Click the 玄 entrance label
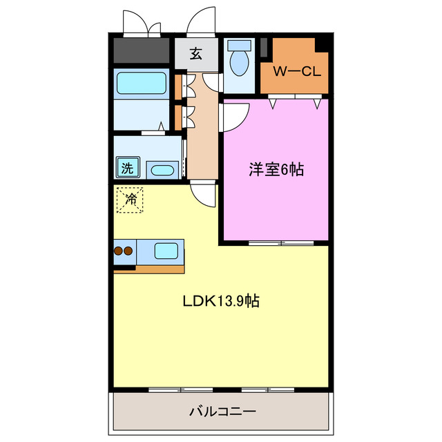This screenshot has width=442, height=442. pos(196,54)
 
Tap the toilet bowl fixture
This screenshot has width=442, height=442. pos(239,61)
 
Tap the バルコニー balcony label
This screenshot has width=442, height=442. pos(222,412)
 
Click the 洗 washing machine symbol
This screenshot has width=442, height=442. pos(127,166)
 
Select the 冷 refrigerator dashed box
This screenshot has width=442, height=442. pos(130,200)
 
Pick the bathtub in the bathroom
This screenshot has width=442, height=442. pos(142,84)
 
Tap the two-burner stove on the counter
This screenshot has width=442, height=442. pos(124,251)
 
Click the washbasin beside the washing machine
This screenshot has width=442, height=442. pos(162,170)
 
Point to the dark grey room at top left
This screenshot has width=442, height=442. pos(142,50)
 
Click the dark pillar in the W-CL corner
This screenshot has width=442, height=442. pos(321,43)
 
